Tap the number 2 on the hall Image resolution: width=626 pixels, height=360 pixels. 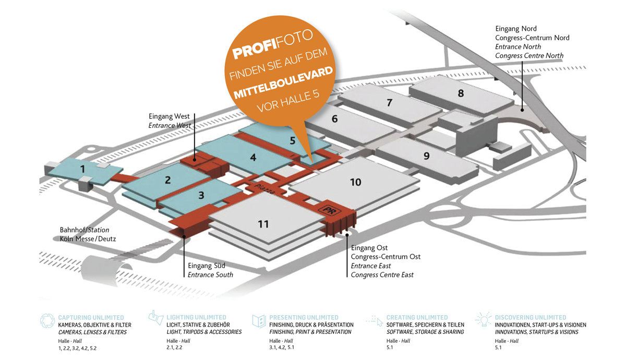pyautogui.click(x=167, y=181)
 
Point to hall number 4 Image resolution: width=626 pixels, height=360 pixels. pyautogui.click(x=253, y=156)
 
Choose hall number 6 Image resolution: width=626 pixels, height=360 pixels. pyautogui.click(x=334, y=119)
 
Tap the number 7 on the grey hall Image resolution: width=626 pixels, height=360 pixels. pyautogui.click(x=389, y=103)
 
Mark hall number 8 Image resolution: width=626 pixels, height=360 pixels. pyautogui.click(x=461, y=93)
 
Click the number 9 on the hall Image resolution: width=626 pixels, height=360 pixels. pyautogui.click(x=426, y=155)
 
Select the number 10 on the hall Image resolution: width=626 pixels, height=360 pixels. pyautogui.click(x=355, y=182)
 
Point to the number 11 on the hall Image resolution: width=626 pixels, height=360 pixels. pyautogui.click(x=263, y=224)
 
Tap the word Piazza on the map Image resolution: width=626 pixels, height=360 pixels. pyautogui.click(x=264, y=188)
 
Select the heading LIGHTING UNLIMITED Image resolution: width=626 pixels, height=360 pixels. pyautogui.click(x=196, y=317)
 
